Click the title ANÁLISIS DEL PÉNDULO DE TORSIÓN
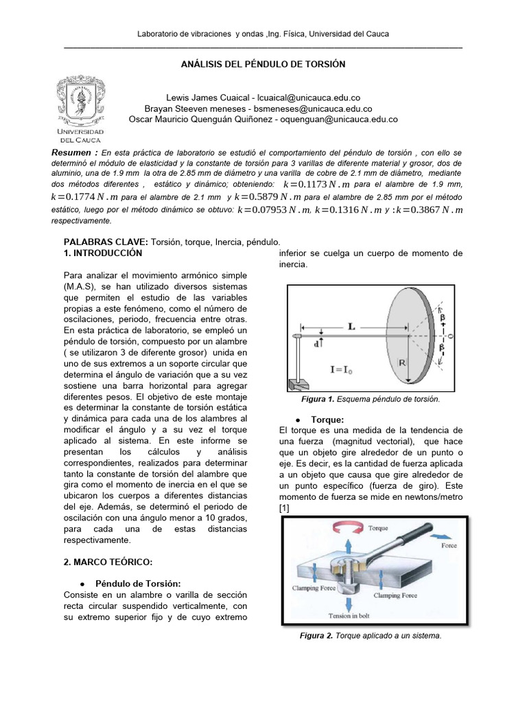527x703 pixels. [x=263, y=65]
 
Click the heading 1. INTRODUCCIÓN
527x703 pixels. [x=102, y=253]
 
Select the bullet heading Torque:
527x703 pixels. [x=327, y=418]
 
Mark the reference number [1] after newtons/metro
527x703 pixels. [x=284, y=507]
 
